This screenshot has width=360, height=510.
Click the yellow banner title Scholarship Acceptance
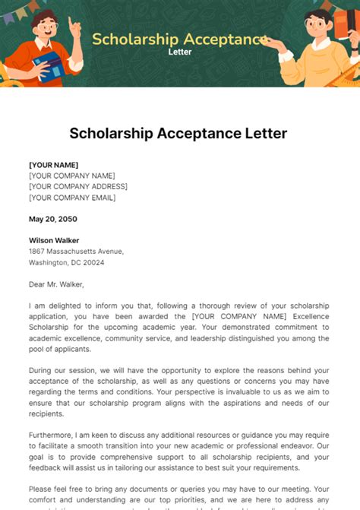[x=180, y=40]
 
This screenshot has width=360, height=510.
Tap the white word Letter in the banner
[x=180, y=53]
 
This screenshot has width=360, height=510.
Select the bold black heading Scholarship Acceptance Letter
[x=178, y=134]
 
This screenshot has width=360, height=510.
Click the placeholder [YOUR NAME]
[x=53, y=165]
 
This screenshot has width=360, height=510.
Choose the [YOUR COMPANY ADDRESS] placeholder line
[x=78, y=186]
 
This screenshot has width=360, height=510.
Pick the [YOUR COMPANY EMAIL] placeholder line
[x=72, y=198]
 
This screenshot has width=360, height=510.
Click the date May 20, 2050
[x=52, y=219]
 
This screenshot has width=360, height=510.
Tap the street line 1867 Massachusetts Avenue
[x=76, y=252]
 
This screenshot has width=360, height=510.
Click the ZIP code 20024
[x=93, y=262]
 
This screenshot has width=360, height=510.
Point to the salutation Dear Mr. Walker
[x=56, y=284]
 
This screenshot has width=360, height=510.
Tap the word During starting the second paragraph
[x=43, y=371]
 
